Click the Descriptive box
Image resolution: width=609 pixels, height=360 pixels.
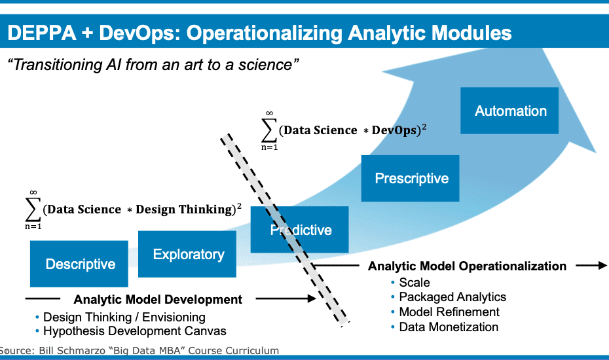pos(79,264)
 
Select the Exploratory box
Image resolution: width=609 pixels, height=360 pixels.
pos(187,254)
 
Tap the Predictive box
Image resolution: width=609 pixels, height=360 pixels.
pos(299,230)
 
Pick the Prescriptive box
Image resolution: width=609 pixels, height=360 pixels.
pos(410,178)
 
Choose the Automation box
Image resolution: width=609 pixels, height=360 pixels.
pos(509,111)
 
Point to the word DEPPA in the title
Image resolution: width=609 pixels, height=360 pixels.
pos(42,33)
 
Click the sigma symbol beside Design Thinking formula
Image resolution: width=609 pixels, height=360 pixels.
pos(33,210)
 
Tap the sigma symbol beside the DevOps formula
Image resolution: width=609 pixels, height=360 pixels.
pos(269,130)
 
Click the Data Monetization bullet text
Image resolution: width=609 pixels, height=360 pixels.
pos(449,327)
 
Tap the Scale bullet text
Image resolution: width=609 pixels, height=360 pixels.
pos(415,282)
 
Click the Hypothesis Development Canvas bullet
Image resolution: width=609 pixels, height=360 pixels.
pos(134,331)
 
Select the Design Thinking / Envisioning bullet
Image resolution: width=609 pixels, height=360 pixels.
pos(124,317)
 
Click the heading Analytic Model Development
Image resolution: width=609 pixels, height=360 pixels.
pos(158,299)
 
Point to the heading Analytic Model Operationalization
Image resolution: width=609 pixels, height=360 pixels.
pos(467,266)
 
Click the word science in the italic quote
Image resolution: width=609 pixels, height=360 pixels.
pos(265,64)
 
